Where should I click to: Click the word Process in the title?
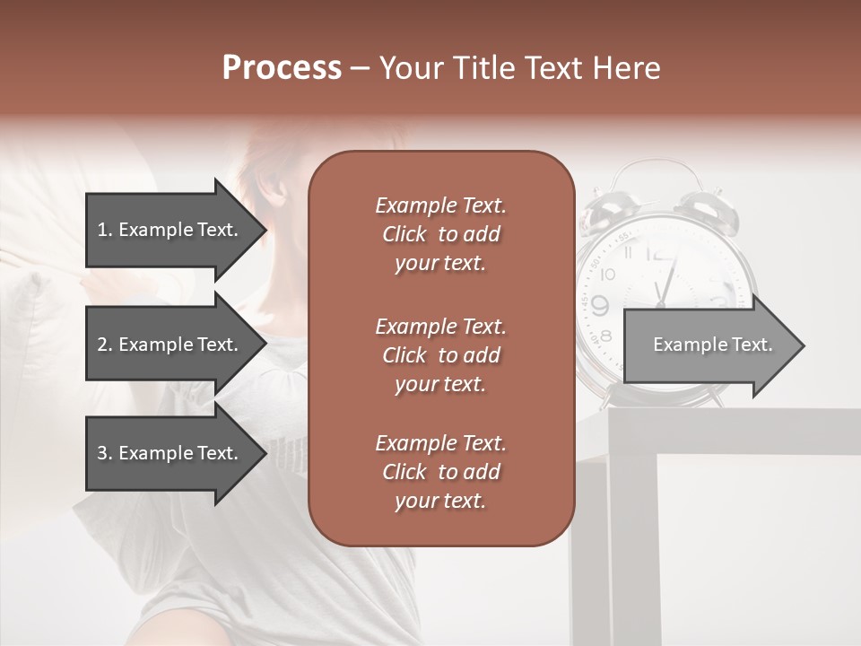[x=282, y=68]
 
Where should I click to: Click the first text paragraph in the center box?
[x=440, y=234]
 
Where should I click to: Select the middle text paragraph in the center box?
[x=440, y=354]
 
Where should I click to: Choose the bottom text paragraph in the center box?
[x=440, y=472]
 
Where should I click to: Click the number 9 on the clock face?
[x=600, y=304]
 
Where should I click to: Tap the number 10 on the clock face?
[x=608, y=274]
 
